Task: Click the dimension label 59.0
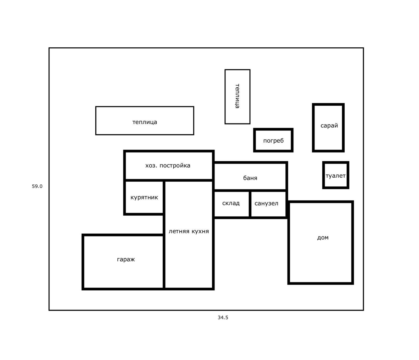pos(37,186)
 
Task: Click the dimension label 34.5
pos(223,317)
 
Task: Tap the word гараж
pos(126,259)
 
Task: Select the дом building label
pos(323,238)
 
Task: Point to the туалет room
pos(336,175)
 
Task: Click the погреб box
pos(273,140)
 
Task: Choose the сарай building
pos(328,128)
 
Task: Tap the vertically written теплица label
pos(237,96)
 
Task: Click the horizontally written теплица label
pos(145,122)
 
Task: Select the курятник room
pos(144,197)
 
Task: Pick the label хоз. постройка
pos(168,165)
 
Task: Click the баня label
pos(250,178)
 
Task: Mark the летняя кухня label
pos(189,231)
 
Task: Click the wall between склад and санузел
pos(250,204)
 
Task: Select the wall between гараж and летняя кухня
pos(164,262)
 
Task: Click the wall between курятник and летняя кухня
pos(164,198)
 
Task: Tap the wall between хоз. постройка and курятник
pos(144,180)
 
